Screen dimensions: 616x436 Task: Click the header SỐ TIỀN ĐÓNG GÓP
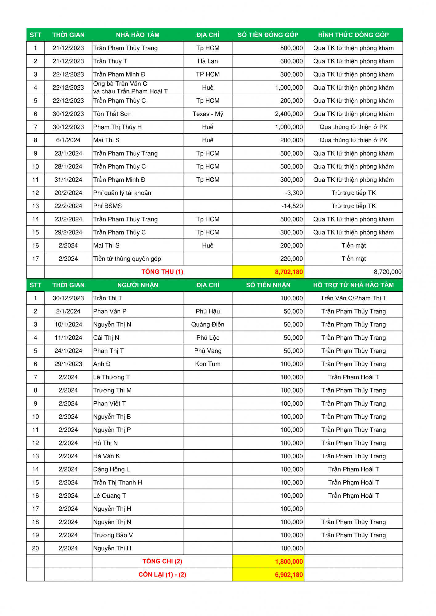click(x=268, y=35)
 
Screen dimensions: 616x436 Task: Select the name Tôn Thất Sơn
click(x=112, y=114)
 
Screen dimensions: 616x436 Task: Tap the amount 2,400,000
click(x=289, y=114)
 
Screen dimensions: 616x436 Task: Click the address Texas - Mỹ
click(x=208, y=114)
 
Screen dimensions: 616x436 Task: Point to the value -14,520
click(x=292, y=206)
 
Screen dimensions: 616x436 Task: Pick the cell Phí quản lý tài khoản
click(x=122, y=193)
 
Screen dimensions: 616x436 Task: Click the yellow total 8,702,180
click(x=289, y=272)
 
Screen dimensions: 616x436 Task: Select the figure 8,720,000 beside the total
click(x=387, y=272)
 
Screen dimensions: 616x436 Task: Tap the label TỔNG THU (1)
click(x=162, y=272)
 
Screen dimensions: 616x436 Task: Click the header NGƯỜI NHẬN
click(x=138, y=285)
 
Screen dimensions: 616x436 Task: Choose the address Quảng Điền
click(x=208, y=325)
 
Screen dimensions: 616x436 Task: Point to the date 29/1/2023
click(x=68, y=364)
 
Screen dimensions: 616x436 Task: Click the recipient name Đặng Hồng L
click(x=112, y=469)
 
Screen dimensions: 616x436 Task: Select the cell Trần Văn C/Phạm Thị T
click(x=353, y=298)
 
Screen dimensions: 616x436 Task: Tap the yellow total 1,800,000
click(x=289, y=561)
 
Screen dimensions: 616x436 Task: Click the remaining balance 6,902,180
click(x=289, y=575)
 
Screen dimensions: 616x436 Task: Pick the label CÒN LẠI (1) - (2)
click(x=162, y=575)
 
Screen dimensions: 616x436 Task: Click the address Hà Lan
click(x=208, y=61)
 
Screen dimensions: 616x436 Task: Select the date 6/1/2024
click(x=68, y=140)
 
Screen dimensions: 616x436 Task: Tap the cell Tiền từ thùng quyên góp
click(x=127, y=259)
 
